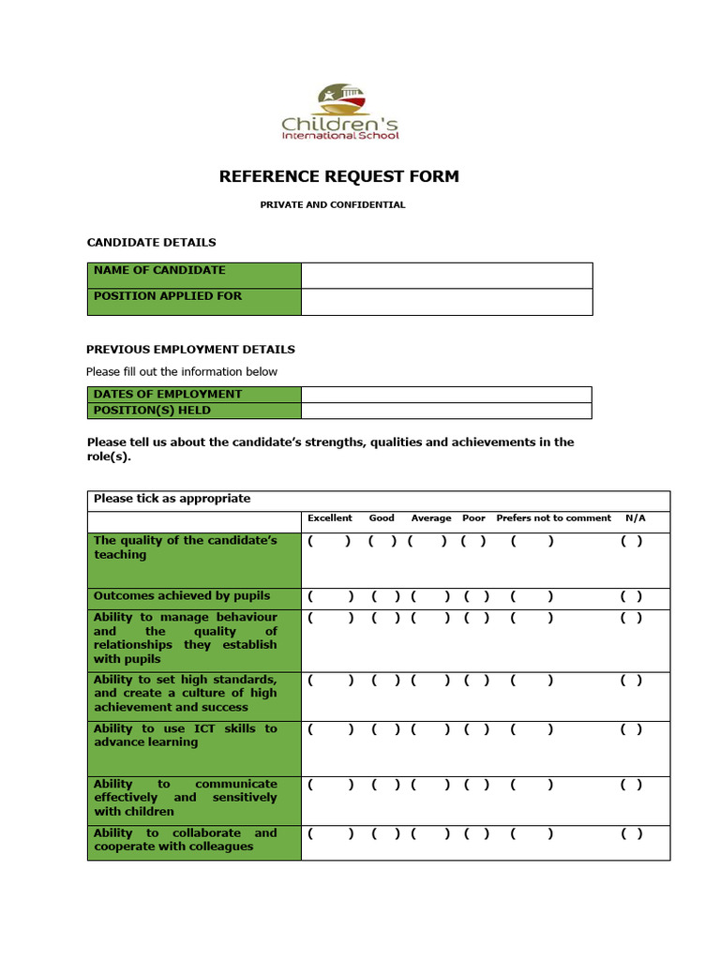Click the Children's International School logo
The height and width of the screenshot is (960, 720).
coord(340,112)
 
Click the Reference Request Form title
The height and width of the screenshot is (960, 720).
coord(338,176)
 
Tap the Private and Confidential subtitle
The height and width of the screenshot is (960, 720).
coord(333,204)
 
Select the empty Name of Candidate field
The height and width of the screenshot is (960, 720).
coord(446,276)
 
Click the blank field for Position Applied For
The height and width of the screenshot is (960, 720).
coord(446,302)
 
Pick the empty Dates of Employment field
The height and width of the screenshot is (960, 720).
coord(446,394)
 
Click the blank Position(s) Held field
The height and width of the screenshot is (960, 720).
coord(446,411)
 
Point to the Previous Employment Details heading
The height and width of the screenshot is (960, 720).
coord(190,350)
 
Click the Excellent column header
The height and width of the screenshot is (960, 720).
coord(330,518)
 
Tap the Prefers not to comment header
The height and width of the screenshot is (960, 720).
coord(553,518)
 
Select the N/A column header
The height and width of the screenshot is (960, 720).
coord(635,518)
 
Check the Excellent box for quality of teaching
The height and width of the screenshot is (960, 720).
coord(330,541)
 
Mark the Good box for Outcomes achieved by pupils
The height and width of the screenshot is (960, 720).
coord(383,596)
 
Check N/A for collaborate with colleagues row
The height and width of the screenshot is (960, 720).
coord(632,833)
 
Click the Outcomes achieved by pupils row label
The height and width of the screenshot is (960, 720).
coord(182,596)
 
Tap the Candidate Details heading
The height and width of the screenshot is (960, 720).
coord(151,243)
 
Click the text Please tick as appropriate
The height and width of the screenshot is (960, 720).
coord(172,499)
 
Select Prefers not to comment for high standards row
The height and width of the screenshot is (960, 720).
coord(532,680)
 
